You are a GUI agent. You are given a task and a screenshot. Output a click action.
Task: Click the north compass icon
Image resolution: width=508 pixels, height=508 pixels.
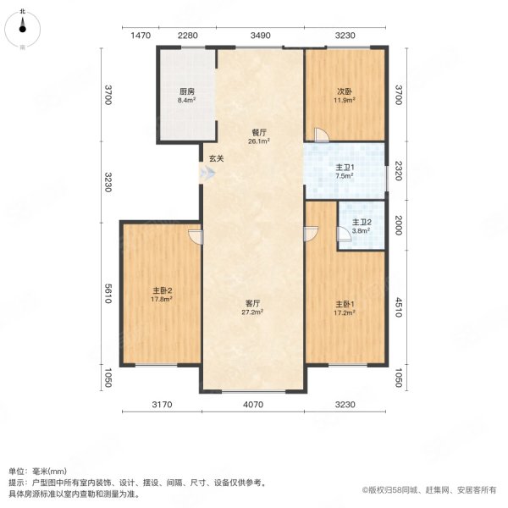23,27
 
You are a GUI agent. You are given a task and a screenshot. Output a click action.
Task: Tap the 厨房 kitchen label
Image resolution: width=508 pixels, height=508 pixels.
186,91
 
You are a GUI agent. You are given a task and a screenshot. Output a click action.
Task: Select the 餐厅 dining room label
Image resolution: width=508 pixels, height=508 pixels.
260,131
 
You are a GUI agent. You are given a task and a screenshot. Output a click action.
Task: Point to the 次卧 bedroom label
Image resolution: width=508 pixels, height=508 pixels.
344,91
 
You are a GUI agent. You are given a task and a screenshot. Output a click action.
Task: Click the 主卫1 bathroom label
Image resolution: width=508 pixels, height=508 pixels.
344,168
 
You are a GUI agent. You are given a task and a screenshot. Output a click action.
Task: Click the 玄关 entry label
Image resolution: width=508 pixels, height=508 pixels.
216,158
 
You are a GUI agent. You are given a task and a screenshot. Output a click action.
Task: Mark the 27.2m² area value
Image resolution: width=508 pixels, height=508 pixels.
252,312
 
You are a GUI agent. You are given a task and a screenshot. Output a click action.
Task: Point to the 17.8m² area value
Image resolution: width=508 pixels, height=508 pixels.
163,299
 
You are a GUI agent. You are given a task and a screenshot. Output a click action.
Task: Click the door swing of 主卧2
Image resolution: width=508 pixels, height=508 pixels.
196,237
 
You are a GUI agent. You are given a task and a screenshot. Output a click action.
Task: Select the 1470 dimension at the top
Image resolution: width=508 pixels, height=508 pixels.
141,35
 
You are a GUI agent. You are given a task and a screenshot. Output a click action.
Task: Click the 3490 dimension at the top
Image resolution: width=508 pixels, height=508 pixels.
260,35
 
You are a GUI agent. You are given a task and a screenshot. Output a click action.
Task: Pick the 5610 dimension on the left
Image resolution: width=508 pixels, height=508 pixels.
109,294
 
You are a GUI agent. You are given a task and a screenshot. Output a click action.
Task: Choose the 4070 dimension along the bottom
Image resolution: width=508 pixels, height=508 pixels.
252,405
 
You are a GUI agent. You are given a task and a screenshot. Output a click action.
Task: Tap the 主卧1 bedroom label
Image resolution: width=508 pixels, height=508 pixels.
344,303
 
